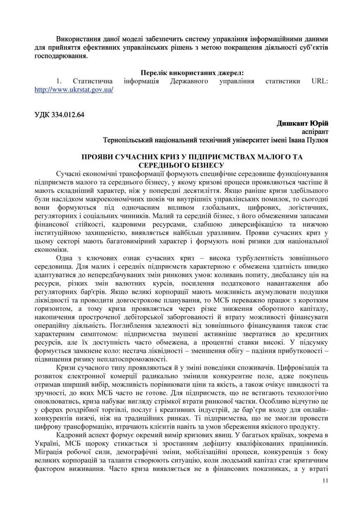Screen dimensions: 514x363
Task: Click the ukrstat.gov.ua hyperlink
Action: pos(74,89)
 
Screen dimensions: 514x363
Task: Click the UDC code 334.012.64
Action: pos(59,115)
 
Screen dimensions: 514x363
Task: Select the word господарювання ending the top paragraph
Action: pos(60,56)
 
